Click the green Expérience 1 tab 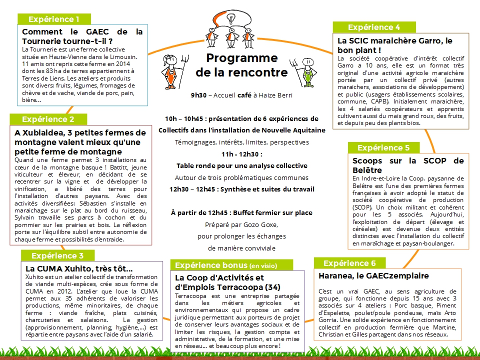point(54,19)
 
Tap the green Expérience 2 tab point(48,119)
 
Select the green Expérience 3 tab point(57,255)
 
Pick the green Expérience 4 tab point(374,27)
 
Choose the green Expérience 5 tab point(383,147)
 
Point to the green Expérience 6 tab point(349,263)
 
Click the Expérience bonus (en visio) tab point(226,265)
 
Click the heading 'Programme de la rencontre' point(241,65)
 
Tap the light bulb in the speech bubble point(231,18)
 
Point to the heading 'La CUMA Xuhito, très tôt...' point(79,268)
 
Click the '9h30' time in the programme point(198,95)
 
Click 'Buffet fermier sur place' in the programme point(271,212)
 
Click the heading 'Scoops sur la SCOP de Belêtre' point(408,165)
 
